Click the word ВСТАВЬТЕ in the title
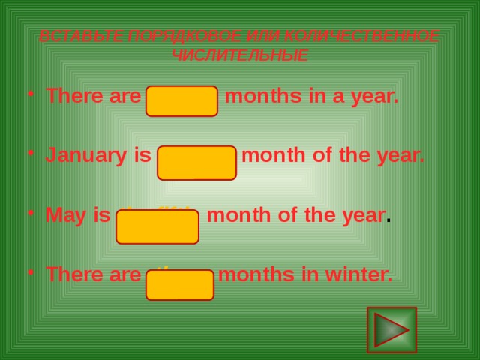69,37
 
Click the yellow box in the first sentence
182,101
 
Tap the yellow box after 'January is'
196,163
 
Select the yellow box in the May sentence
157,226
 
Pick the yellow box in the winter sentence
180,286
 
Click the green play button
390,328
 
